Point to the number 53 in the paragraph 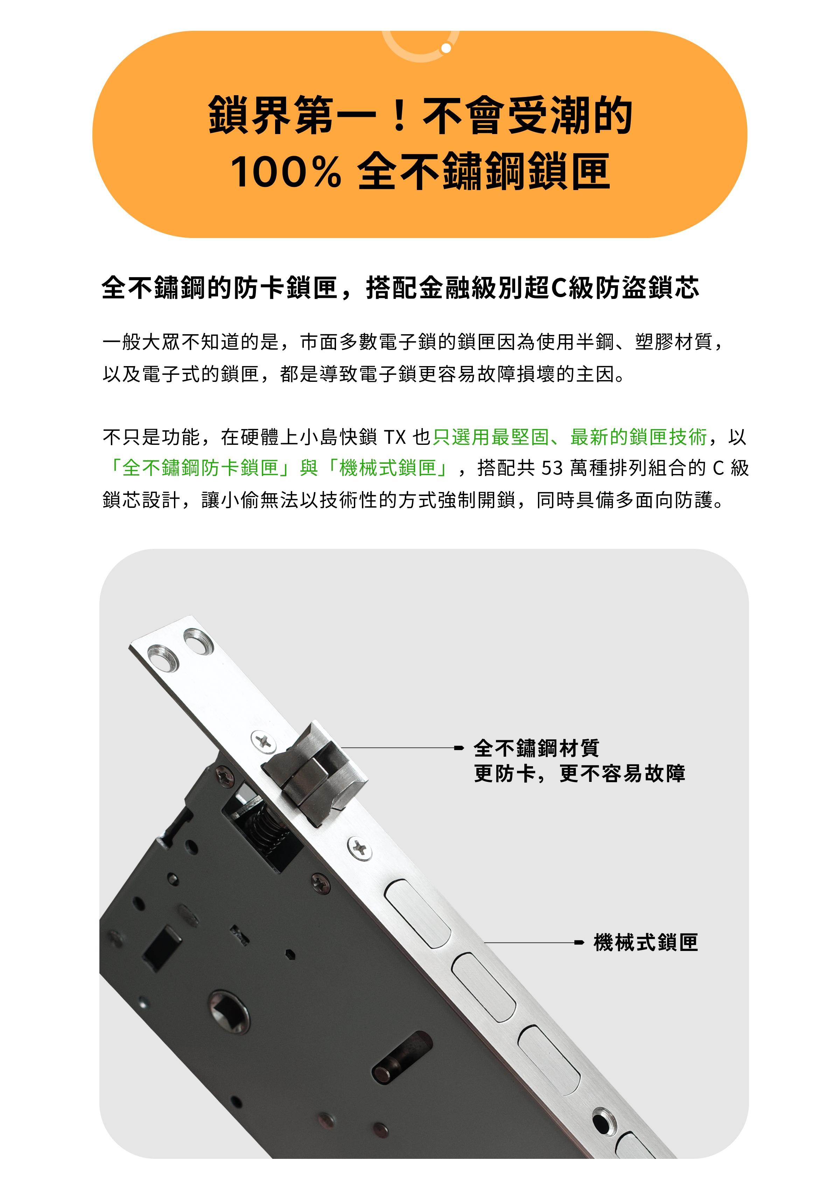552,468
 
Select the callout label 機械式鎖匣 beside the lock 646,942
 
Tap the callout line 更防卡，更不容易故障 579,774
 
